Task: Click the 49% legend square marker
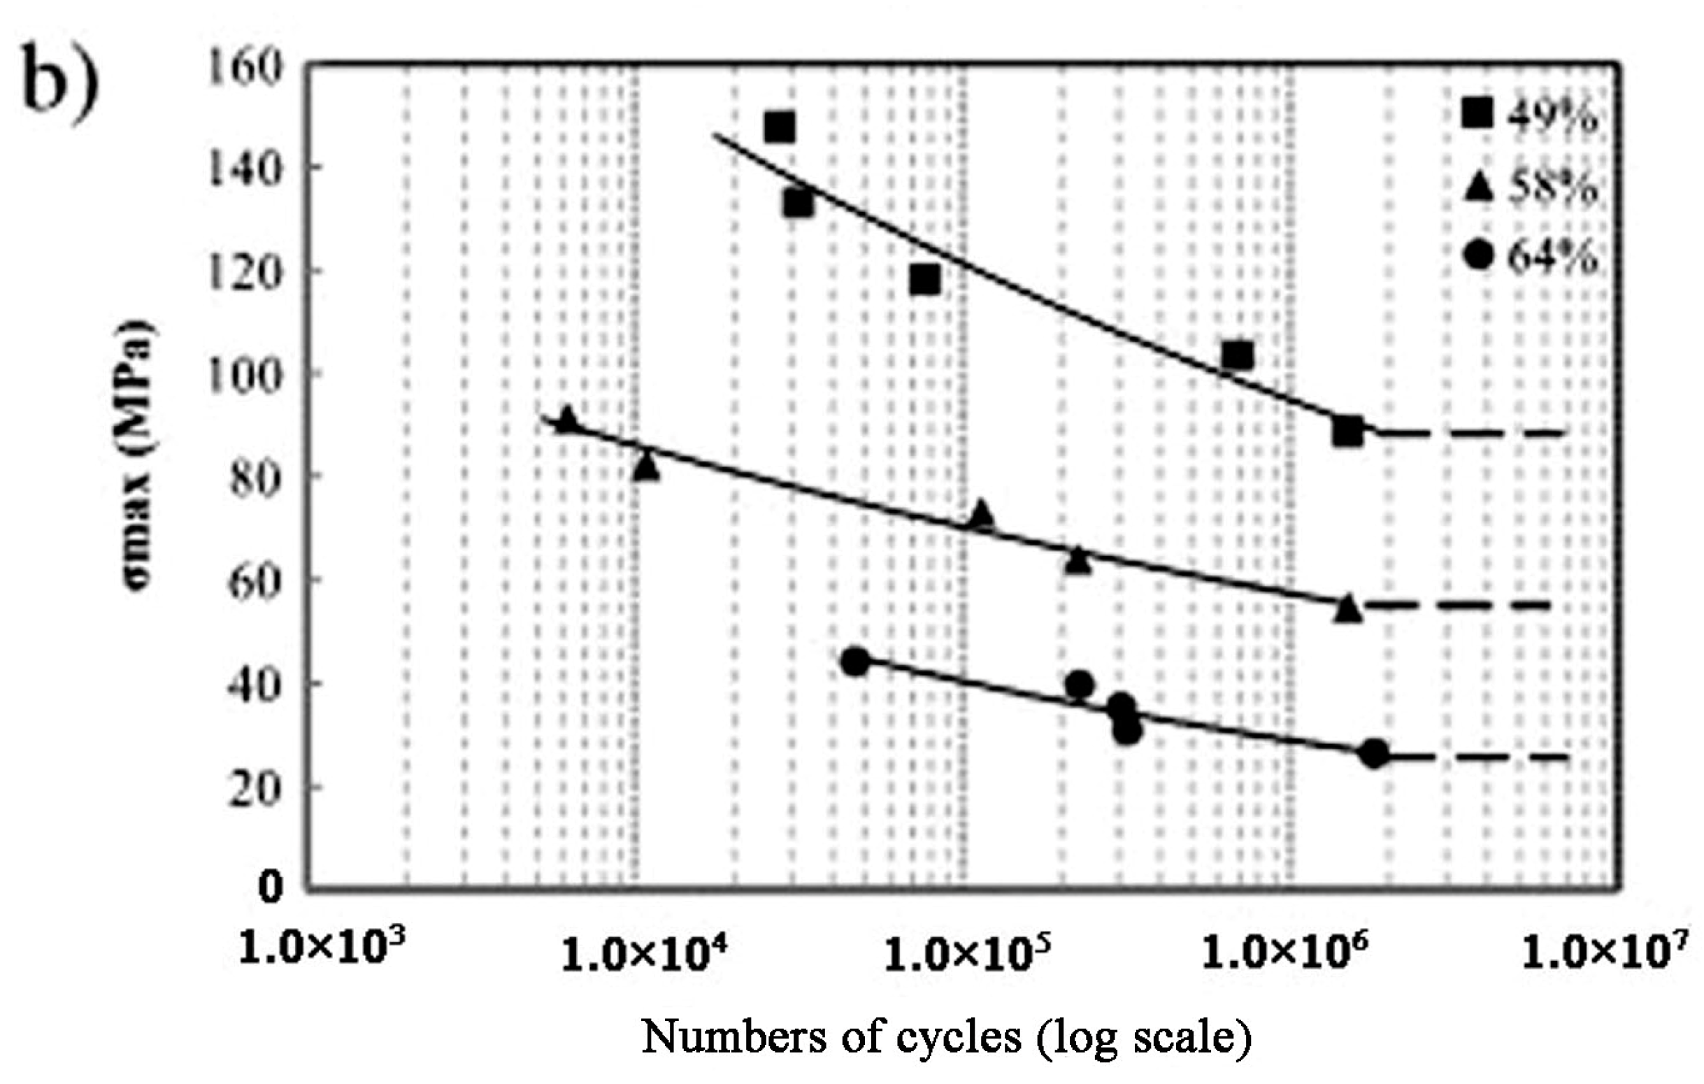click(x=1477, y=113)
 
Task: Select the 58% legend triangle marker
click(x=1477, y=187)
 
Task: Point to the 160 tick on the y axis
click(x=245, y=69)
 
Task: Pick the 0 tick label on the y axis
click(x=271, y=886)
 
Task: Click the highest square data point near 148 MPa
click(x=779, y=127)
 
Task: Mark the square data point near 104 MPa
click(x=1237, y=355)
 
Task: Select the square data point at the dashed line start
click(x=1347, y=432)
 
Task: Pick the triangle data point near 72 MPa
click(x=981, y=515)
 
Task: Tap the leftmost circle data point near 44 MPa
click(x=856, y=662)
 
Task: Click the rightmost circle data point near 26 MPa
click(x=1373, y=755)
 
